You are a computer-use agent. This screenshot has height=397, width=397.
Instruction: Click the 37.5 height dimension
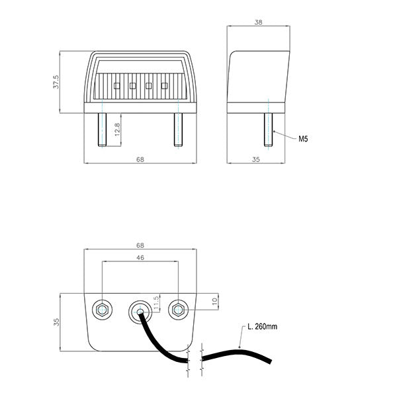pyautogui.click(x=56, y=82)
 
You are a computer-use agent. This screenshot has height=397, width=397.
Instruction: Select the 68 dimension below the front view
pyautogui.click(x=140, y=159)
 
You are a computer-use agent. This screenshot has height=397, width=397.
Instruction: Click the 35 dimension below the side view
pyautogui.click(x=257, y=159)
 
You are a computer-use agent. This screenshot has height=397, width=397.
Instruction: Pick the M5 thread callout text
pyautogui.click(x=303, y=139)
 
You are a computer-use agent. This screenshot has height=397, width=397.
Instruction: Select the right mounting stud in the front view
pyautogui.click(x=178, y=130)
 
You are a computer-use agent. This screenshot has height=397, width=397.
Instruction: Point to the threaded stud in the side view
pyautogui.click(x=269, y=130)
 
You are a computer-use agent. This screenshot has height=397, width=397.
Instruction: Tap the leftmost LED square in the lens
pyautogui.click(x=116, y=85)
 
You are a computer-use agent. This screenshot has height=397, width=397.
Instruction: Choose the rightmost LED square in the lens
pyautogui.click(x=162, y=85)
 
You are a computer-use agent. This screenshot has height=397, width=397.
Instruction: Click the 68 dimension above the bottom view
pyautogui.click(x=140, y=245)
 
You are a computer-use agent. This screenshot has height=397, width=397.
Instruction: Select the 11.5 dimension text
pyautogui.click(x=156, y=303)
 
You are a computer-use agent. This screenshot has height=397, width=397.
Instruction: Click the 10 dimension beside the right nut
pyautogui.click(x=214, y=301)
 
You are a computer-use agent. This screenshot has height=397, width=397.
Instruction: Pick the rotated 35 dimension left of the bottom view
pyautogui.click(x=56, y=322)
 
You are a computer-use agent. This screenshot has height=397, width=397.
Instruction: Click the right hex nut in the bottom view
pyautogui.click(x=178, y=308)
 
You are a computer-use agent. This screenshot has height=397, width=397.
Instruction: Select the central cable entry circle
pyautogui.click(x=139, y=310)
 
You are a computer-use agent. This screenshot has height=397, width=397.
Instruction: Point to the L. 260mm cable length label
pyautogui.click(x=263, y=327)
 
